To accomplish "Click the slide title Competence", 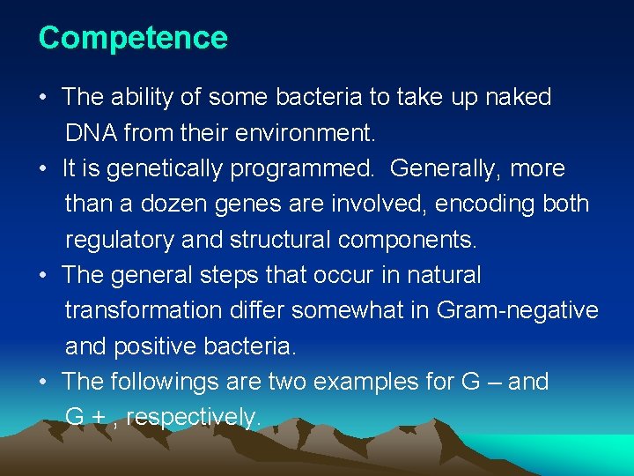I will (x=133, y=38).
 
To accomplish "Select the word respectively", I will (x=194, y=418).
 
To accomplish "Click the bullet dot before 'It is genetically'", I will (x=44, y=168).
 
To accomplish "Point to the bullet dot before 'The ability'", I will (x=44, y=97).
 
